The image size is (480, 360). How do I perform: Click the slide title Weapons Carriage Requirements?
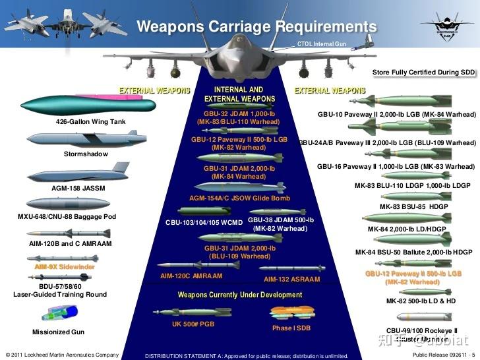click(x=256, y=27)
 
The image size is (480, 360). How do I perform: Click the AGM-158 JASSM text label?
click(x=78, y=188)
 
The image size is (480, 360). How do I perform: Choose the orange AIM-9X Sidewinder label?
click(x=65, y=267)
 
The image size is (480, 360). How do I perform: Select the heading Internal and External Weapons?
click(x=239, y=94)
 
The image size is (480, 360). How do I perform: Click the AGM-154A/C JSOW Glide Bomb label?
click(x=239, y=198)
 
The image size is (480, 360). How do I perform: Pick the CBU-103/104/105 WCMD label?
click(x=204, y=222)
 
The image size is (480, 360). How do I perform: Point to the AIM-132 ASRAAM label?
click(x=291, y=280)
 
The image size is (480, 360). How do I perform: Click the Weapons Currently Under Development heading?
click(x=239, y=295)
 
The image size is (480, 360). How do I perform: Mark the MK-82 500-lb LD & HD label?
click(x=421, y=301)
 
